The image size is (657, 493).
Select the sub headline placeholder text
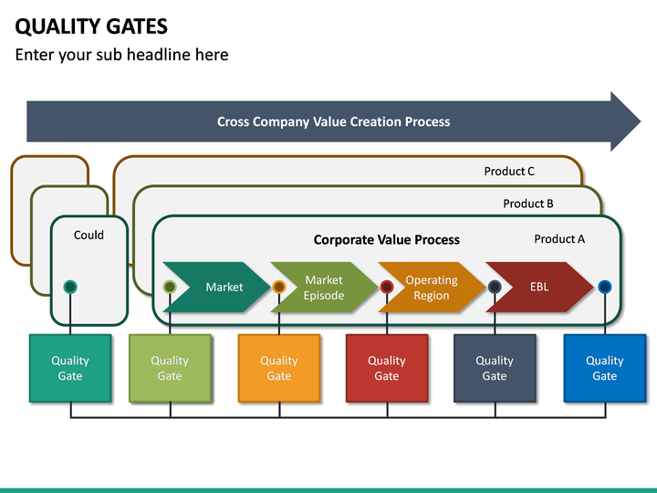click(x=121, y=55)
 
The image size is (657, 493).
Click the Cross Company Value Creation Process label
click(x=333, y=121)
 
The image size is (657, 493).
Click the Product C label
click(x=509, y=171)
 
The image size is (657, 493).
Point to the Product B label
click(x=528, y=204)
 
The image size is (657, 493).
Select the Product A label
click(x=559, y=239)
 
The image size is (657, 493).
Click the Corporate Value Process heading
click(x=387, y=240)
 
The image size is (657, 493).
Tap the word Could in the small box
click(x=89, y=235)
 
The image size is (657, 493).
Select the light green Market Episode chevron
click(x=325, y=287)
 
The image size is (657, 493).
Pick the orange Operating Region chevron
click(x=432, y=287)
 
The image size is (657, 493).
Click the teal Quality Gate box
click(x=70, y=368)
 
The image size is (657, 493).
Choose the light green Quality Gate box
click(x=170, y=368)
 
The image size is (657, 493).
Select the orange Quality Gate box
click(x=279, y=368)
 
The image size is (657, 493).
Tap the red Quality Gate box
click(x=387, y=368)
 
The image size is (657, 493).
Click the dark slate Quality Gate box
click(x=495, y=368)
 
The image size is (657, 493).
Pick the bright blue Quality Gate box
click(x=604, y=368)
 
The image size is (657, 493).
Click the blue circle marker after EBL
click(x=604, y=287)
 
